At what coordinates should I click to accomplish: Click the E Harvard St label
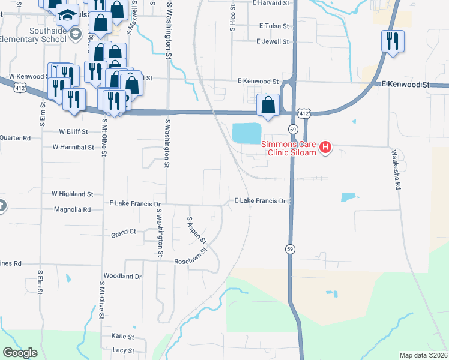coord(271,3)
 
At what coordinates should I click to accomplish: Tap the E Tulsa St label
coord(274,26)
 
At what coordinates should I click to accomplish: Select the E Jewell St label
coord(272,42)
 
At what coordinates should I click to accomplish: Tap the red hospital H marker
coord(325,146)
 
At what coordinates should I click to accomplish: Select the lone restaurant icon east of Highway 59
coord(393,41)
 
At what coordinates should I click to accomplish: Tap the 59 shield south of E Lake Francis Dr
coord(289,249)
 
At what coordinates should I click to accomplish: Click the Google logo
coord(20,352)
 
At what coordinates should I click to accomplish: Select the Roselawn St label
coord(190,262)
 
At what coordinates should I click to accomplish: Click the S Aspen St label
coord(196,230)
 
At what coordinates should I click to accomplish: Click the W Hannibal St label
coord(73,146)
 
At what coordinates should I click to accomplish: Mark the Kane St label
coord(122,336)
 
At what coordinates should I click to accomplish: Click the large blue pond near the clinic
coord(247,133)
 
